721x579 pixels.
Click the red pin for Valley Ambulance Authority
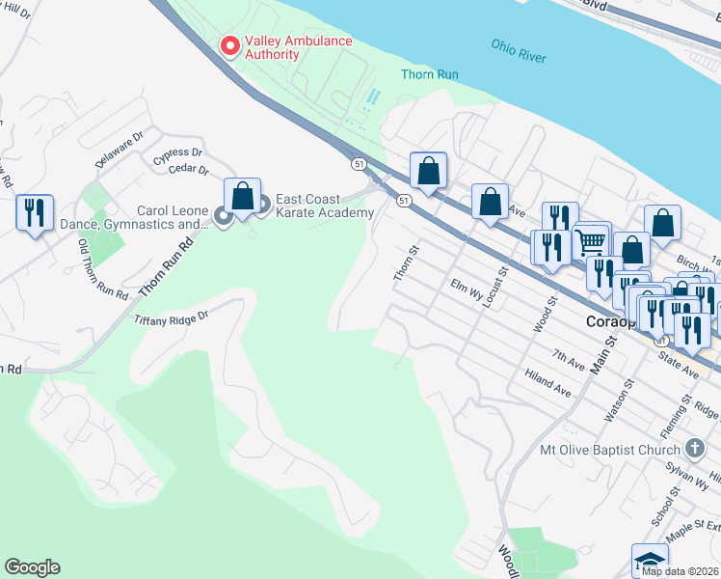230,45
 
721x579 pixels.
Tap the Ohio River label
519,51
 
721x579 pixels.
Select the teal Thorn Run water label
429,74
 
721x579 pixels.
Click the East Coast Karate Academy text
324,207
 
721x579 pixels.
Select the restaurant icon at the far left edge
35,213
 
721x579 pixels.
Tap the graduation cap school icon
650,560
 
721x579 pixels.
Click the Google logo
32,567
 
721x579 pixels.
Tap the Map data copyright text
680,571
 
